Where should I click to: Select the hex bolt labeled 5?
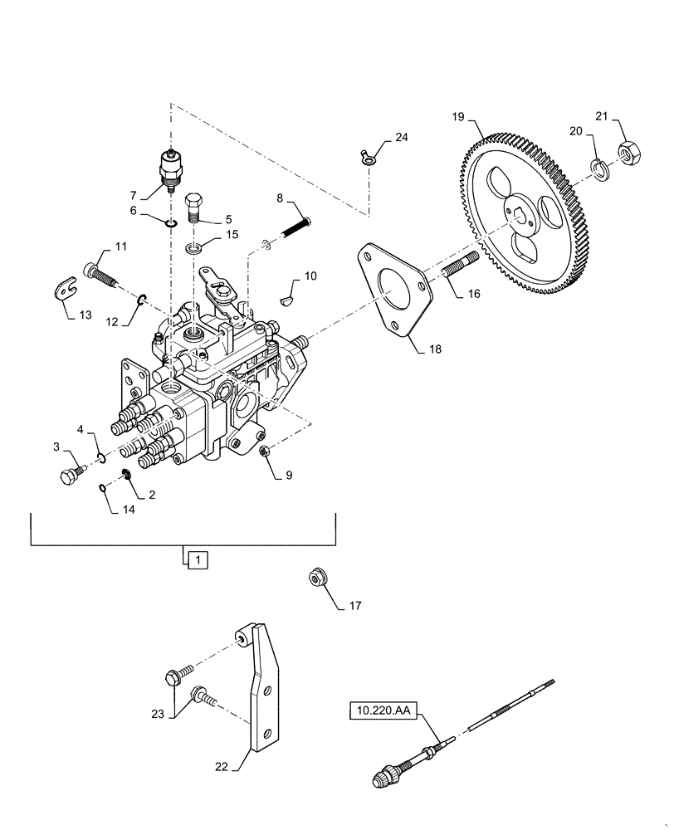193,206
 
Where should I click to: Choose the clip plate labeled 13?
62,290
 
